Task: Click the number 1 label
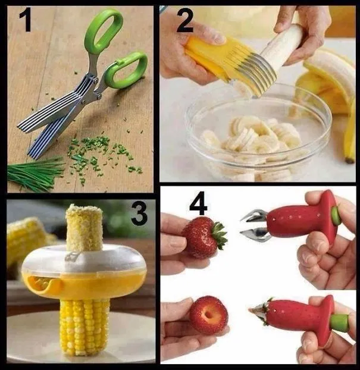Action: (x=26, y=21)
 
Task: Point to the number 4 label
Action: (x=198, y=203)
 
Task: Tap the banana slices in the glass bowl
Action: (x=251, y=137)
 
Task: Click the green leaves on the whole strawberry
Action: (x=219, y=235)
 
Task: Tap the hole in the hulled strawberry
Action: (x=209, y=315)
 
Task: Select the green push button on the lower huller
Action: (x=341, y=322)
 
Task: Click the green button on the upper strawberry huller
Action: (x=336, y=215)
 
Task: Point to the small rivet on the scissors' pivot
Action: (x=96, y=81)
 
